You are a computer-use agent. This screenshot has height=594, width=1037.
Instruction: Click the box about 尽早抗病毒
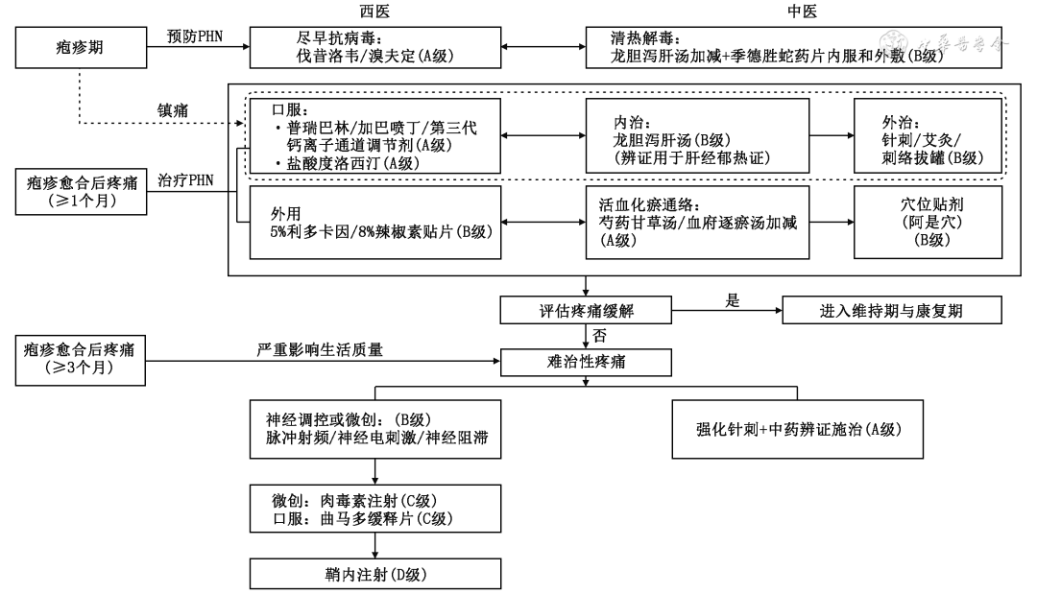[x=375, y=46]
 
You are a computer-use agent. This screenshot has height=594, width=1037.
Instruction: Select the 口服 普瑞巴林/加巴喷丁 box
[x=375, y=136]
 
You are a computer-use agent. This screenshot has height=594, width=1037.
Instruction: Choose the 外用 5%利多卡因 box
[x=375, y=223]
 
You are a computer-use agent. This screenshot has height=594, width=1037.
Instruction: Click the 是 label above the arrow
[x=732, y=299]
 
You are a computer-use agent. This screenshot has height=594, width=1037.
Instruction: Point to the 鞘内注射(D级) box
[x=375, y=575]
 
